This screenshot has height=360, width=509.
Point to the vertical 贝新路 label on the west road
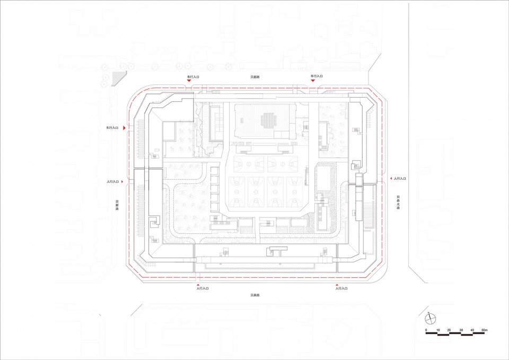tap(117, 205)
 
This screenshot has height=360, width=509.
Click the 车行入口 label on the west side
tap(112, 128)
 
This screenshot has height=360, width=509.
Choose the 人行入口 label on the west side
tap(112, 182)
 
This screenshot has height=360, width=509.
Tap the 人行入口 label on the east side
tap(399, 179)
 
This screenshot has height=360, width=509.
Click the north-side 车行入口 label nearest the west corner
tap(192, 77)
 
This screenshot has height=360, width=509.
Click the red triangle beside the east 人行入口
tap(389, 179)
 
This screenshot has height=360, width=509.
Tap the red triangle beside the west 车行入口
tap(124, 128)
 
